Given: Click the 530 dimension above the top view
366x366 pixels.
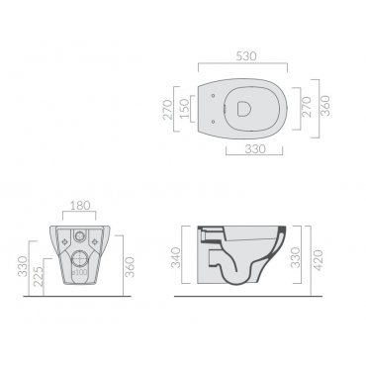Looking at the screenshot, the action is pyautogui.click(x=246, y=56).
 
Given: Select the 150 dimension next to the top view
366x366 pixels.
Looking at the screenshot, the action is pyautogui.click(x=185, y=109).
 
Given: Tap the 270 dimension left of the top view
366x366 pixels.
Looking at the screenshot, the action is pyautogui.click(x=168, y=109).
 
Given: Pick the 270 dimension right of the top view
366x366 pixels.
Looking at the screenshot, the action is pyautogui.click(x=307, y=107).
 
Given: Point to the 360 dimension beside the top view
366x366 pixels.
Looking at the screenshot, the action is pyautogui.click(x=325, y=106).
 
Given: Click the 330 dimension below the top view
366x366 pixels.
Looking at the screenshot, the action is pyautogui.click(x=255, y=149).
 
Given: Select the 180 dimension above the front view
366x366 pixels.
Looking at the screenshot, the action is pyautogui.click(x=80, y=206).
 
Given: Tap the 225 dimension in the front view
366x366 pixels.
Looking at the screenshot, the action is pyautogui.click(x=39, y=276).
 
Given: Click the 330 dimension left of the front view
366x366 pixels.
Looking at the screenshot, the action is pyautogui.click(x=23, y=266).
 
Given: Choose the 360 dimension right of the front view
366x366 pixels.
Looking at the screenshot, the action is pyautogui.click(x=130, y=267).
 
